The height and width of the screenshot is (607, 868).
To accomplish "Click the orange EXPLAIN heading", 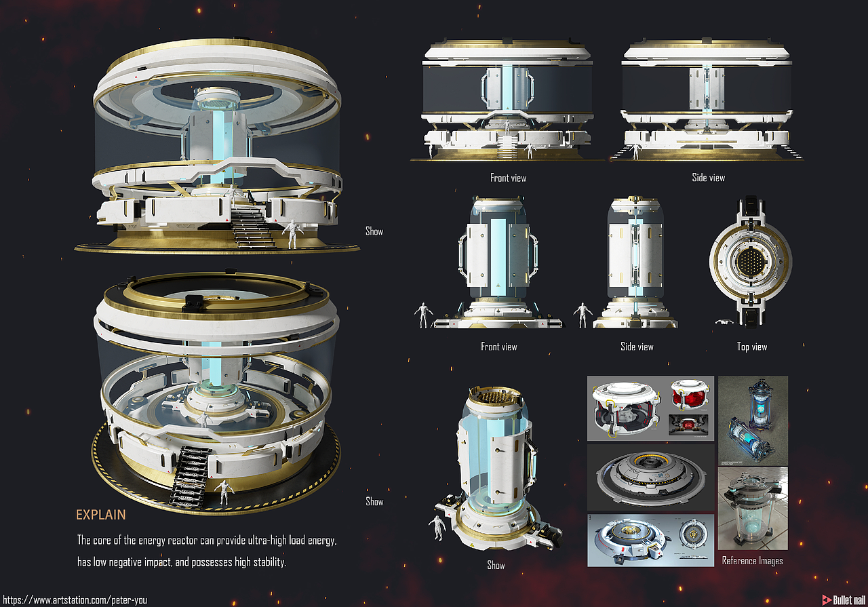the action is click(101, 515).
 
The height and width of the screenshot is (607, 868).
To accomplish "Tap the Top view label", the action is click(752, 347).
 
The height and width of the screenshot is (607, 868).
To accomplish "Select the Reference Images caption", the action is click(752, 561).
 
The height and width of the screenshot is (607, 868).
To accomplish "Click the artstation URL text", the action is click(75, 600).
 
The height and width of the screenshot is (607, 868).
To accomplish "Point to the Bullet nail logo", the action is click(843, 600).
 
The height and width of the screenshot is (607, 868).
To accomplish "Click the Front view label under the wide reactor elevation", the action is click(508, 178).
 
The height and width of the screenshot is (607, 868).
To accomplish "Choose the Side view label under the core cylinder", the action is click(637, 347).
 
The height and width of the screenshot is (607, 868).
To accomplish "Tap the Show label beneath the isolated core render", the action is click(496, 565).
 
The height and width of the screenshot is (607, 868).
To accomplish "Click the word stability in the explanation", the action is click(269, 562).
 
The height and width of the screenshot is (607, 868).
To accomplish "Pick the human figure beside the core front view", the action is click(424, 315).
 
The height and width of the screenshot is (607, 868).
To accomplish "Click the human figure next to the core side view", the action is click(583, 315).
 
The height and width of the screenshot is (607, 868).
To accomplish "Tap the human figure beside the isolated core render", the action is click(437, 527).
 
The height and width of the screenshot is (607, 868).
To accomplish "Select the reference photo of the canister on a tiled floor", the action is click(753, 509).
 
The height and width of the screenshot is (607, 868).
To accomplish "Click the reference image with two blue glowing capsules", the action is click(753, 420).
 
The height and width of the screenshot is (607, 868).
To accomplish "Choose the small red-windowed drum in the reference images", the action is click(690, 393).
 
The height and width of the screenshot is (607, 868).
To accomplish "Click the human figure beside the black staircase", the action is click(224, 492).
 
